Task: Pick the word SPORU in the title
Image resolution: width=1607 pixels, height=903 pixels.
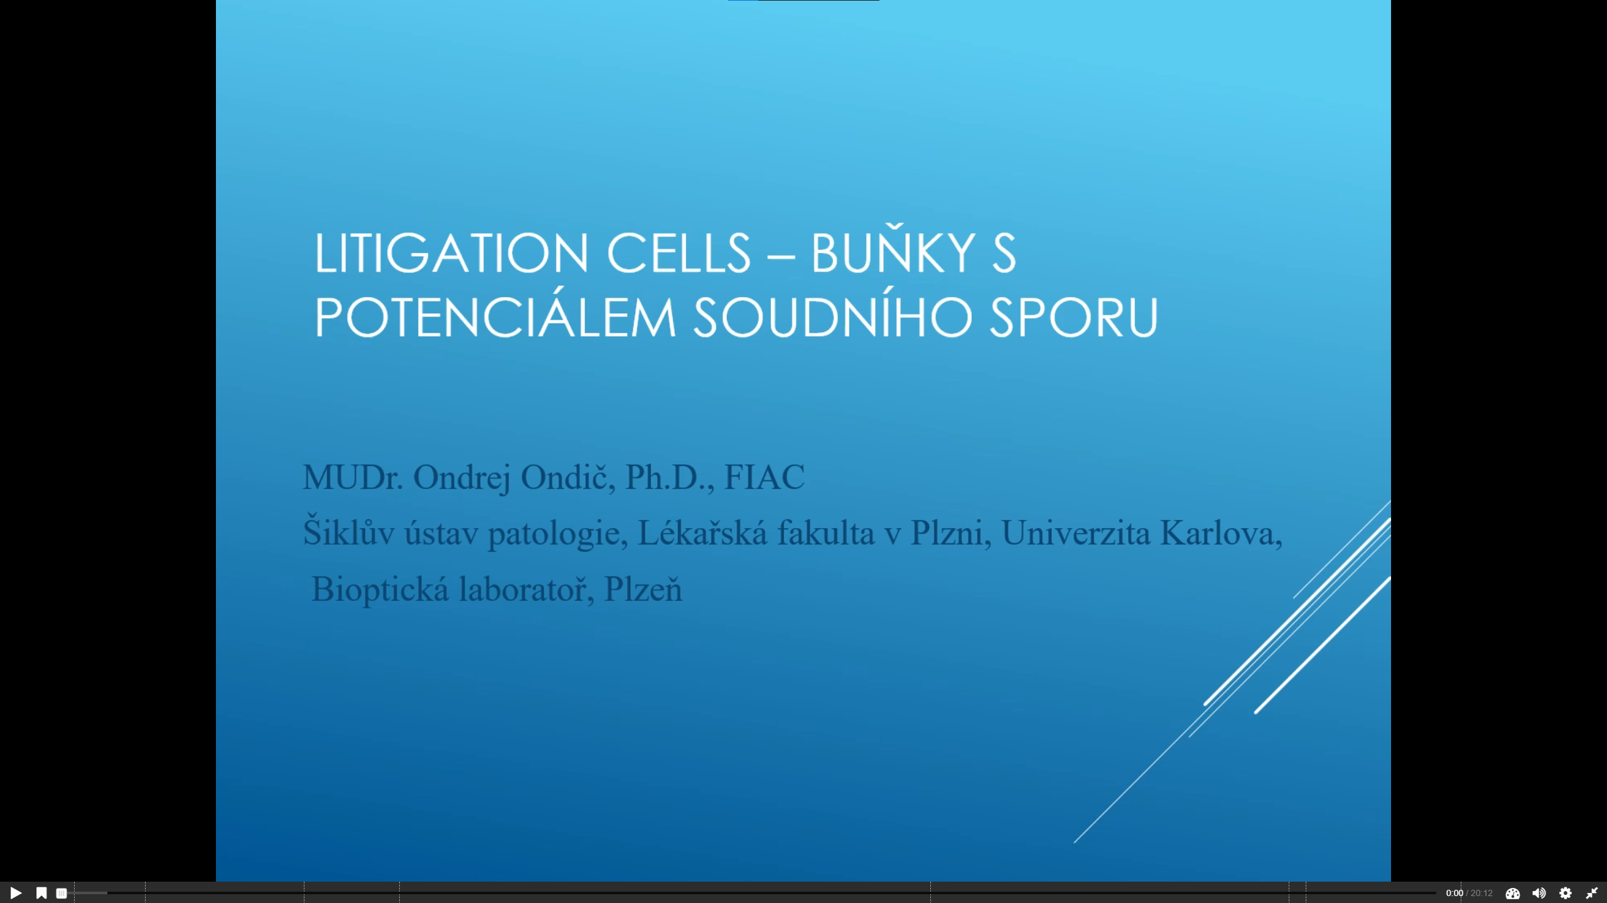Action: (1074, 317)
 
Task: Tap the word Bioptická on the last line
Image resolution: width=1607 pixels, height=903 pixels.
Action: (380, 589)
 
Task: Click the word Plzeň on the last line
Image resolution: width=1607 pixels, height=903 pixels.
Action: (643, 588)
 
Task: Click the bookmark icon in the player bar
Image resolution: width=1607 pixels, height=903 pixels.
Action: (41, 893)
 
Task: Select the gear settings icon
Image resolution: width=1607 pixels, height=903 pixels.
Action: (1566, 893)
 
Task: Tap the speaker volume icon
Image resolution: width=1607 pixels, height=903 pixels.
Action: (1539, 893)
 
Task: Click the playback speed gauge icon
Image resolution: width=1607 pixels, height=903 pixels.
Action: (1513, 893)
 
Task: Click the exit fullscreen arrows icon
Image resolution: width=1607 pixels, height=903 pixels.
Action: (1592, 893)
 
